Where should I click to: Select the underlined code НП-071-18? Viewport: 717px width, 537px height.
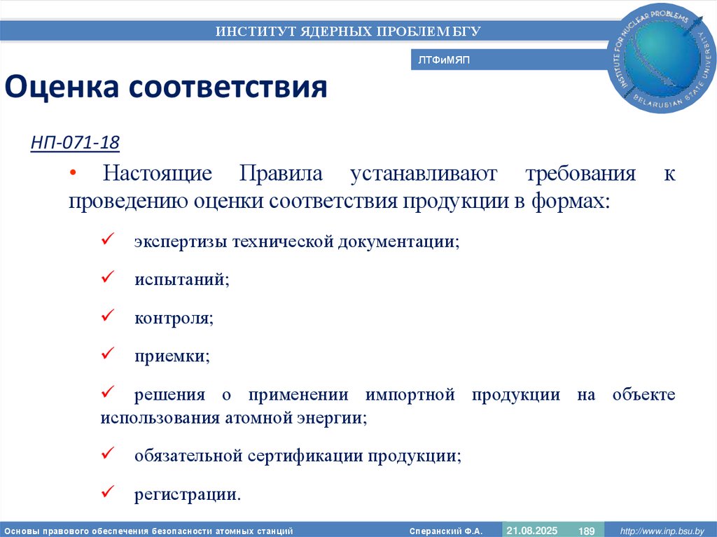coord(75,144)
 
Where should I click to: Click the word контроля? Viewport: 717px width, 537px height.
coord(174,317)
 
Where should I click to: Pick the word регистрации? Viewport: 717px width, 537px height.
coord(187,494)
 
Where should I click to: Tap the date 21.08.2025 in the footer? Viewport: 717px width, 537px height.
coord(531,530)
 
